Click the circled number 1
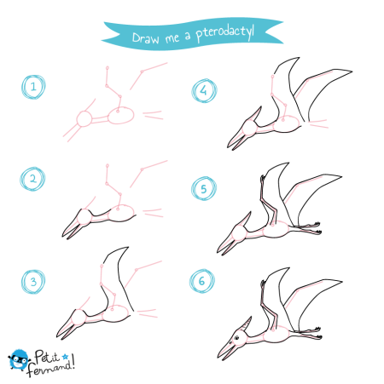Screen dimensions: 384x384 tap(33, 87)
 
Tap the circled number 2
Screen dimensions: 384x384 tap(32, 179)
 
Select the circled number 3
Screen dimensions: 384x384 tap(33, 282)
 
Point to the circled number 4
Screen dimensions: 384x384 tap(204, 90)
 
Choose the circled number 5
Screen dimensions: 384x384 tap(204, 189)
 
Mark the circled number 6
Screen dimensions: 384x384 tap(202, 281)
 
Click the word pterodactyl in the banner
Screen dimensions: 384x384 tap(225, 32)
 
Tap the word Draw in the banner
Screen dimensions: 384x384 tap(146, 38)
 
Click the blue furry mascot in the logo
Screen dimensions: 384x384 tap(19, 360)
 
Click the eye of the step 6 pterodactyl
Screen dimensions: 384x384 tap(236, 338)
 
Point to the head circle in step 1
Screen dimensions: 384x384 tap(84, 118)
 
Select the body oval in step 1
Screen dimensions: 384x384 tap(120, 115)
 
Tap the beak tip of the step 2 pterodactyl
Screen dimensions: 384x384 tap(63, 236)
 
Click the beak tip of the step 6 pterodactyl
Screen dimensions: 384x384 tap(218, 356)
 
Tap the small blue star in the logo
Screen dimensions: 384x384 tap(65, 356)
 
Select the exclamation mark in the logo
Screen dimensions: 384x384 tap(73, 361)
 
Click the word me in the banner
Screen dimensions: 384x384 tap(172, 37)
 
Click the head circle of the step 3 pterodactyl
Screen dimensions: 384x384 tap(79, 317)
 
